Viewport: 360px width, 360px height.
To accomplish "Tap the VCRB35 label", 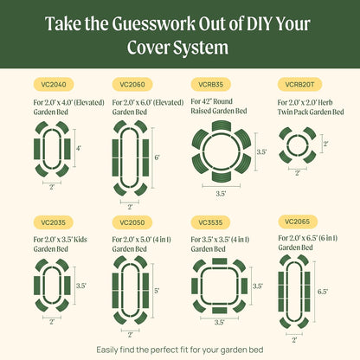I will coord(210,85).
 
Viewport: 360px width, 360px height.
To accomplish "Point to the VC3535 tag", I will coord(210,222).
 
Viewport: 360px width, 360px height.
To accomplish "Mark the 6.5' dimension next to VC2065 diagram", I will coord(323,292).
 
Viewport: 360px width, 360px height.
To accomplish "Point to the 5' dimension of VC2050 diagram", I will coord(156,292).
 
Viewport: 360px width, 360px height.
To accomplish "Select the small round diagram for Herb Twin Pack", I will coord(297,144).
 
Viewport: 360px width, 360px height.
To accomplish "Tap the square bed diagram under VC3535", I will coord(219,286).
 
